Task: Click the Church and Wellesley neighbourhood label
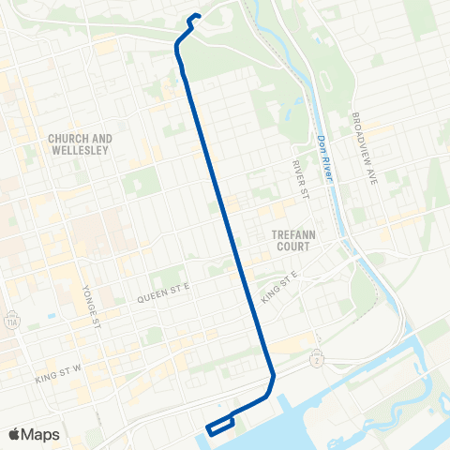click(x=80, y=144)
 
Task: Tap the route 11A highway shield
click(x=10, y=316)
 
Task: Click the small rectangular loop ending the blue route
click(x=219, y=425)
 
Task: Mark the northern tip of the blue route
click(x=194, y=14)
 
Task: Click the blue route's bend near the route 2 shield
click(x=272, y=378)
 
